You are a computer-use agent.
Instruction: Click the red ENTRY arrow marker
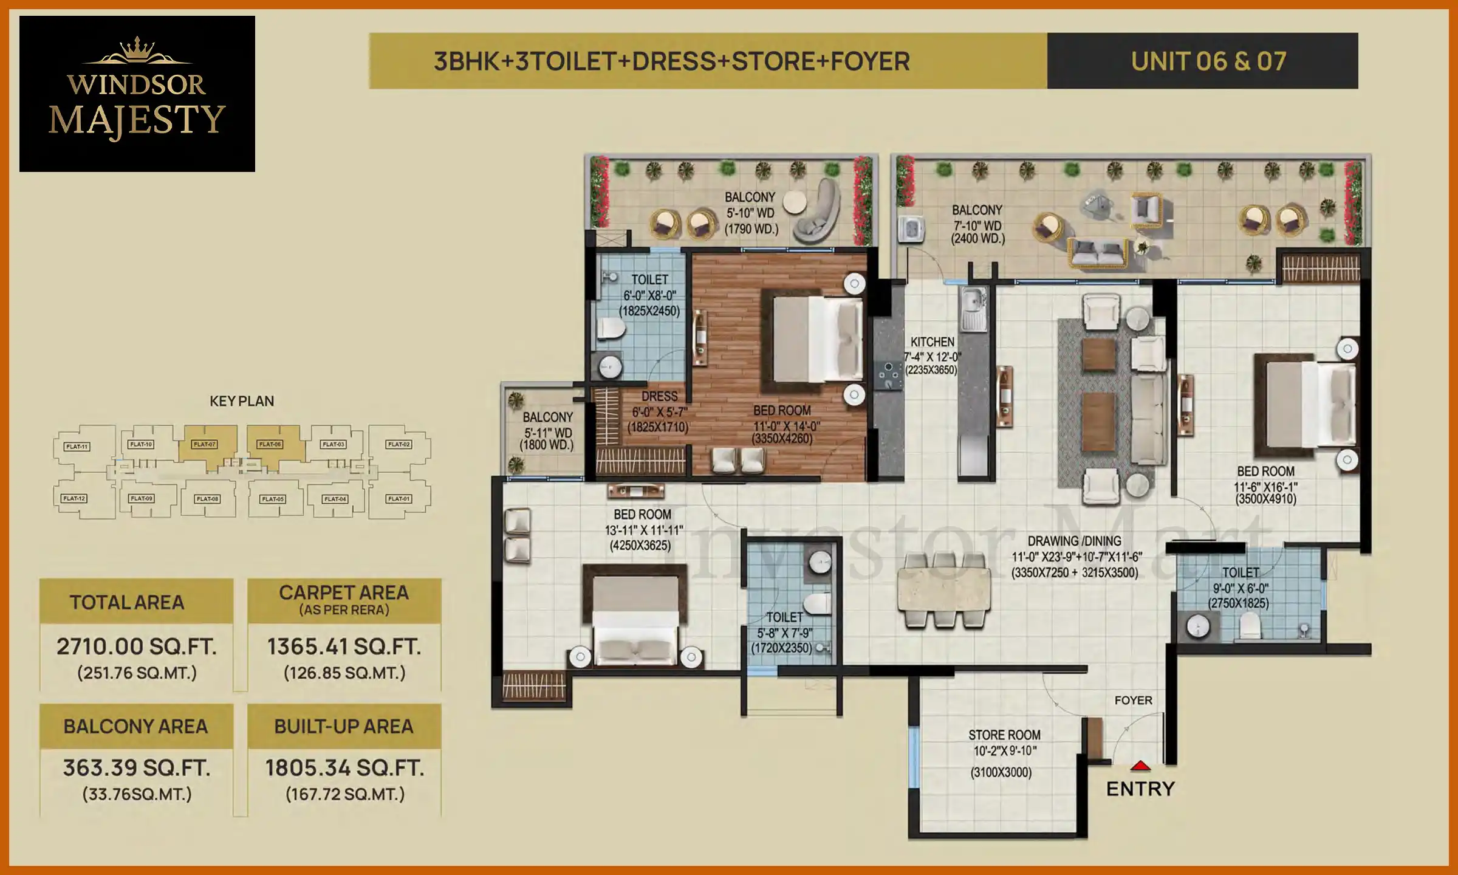1140,766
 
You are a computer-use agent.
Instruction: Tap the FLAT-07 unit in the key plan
205,445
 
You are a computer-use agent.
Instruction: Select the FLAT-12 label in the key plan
74,499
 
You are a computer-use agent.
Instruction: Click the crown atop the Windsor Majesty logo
137,49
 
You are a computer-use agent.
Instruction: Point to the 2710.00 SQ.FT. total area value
137,647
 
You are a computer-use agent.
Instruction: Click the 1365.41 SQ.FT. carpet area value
344,647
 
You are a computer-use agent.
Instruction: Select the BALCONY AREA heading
135,726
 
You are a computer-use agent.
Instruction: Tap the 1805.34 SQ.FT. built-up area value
344,768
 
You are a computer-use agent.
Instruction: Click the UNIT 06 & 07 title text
1208,61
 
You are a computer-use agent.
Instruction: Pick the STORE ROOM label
1004,735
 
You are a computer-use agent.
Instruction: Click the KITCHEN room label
932,342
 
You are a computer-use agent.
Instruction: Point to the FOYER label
1133,701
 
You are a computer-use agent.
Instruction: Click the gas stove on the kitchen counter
888,375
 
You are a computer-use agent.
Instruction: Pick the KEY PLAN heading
241,401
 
